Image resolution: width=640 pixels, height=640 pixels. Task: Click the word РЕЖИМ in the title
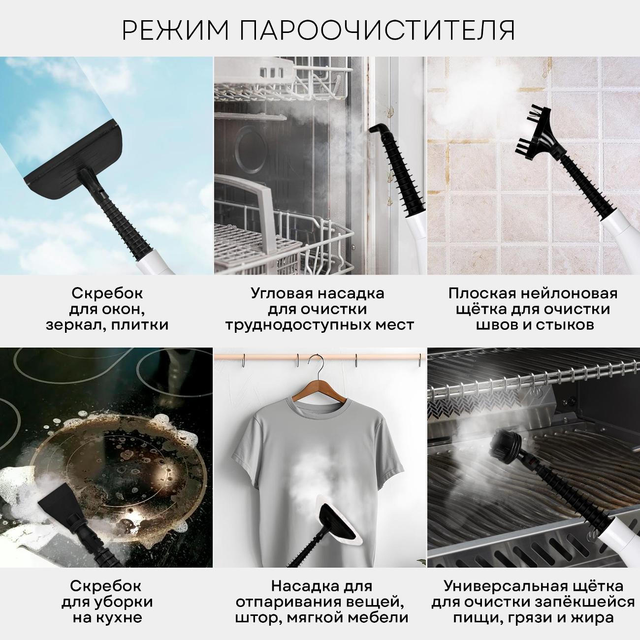[x=175, y=31]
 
